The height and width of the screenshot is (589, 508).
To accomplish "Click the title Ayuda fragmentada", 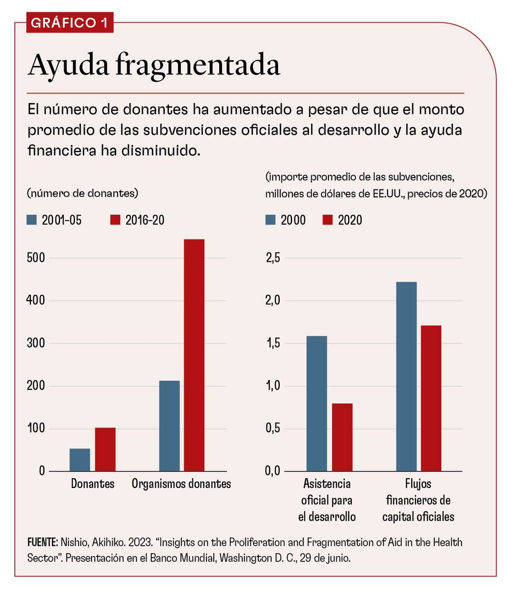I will coord(154,66).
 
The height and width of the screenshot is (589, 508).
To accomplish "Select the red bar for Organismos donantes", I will coord(194,355).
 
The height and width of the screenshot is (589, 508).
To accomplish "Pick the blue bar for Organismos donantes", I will coord(170,426).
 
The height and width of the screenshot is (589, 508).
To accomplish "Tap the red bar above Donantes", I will coord(105,449).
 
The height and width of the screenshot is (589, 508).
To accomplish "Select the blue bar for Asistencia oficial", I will coord(317,404).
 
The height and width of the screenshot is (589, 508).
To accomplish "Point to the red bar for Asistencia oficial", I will coord(342,437).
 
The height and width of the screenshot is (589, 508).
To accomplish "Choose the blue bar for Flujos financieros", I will coord(406,377).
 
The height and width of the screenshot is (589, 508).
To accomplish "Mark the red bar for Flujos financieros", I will coord(431,398).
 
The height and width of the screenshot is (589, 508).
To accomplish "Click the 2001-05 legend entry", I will coord(53,220).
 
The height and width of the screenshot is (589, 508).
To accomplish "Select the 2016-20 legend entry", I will coord(137,220).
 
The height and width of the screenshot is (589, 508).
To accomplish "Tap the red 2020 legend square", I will coord(328,220).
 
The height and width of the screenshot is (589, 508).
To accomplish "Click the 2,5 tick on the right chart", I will coord(273,258).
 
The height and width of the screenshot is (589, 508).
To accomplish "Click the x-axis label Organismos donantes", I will coord(181,484).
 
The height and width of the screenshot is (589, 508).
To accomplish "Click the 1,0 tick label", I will coord(273,386).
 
